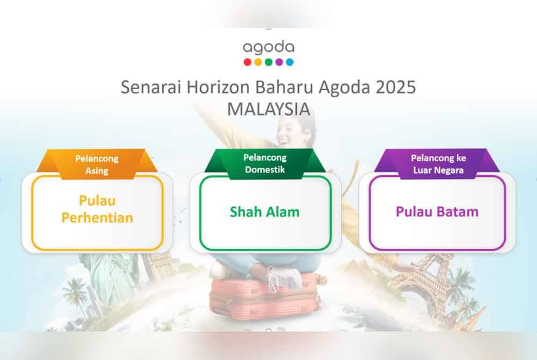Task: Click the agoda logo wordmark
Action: (x=268, y=48)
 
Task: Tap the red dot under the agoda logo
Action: (x=247, y=62)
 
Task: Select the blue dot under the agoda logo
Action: (x=290, y=62)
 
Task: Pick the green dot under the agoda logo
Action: (x=268, y=62)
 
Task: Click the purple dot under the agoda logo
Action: (x=279, y=62)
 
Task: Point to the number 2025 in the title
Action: (x=396, y=87)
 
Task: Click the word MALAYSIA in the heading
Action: (x=268, y=109)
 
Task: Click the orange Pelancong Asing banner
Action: (x=97, y=164)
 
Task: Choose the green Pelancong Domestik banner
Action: (x=265, y=163)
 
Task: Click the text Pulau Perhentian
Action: (x=97, y=210)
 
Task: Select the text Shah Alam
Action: (x=265, y=212)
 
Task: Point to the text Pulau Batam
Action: (x=437, y=212)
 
